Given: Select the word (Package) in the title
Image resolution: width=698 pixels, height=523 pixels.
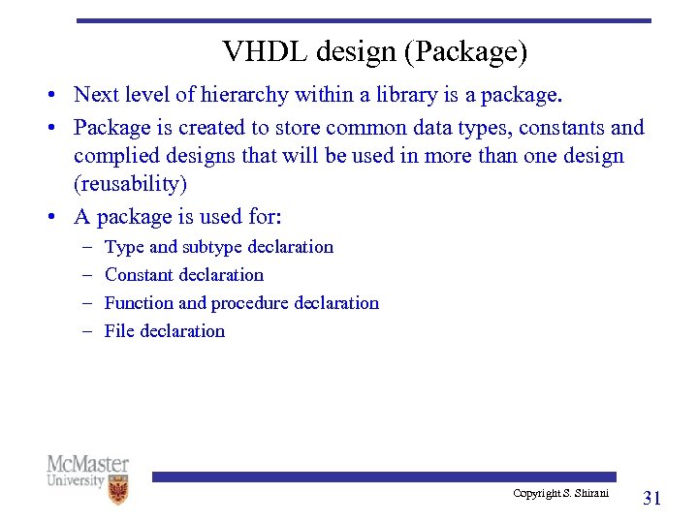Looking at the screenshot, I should pyautogui.click(x=467, y=51).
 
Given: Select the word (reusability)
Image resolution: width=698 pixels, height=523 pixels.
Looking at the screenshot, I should pyautogui.click(x=131, y=184).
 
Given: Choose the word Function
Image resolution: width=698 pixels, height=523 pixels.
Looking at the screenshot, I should pyautogui.click(x=139, y=303).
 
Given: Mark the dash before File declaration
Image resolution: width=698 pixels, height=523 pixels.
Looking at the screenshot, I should pyautogui.click(x=85, y=331).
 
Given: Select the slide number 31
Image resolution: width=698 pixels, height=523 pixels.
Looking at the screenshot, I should pyautogui.click(x=652, y=499).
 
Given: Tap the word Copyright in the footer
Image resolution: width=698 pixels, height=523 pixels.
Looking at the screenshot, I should pyautogui.click(x=535, y=494).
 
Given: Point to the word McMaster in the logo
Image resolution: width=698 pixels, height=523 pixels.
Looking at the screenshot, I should pyautogui.click(x=87, y=464).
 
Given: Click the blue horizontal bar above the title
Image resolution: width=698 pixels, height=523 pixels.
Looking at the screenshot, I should pyautogui.click(x=364, y=20).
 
